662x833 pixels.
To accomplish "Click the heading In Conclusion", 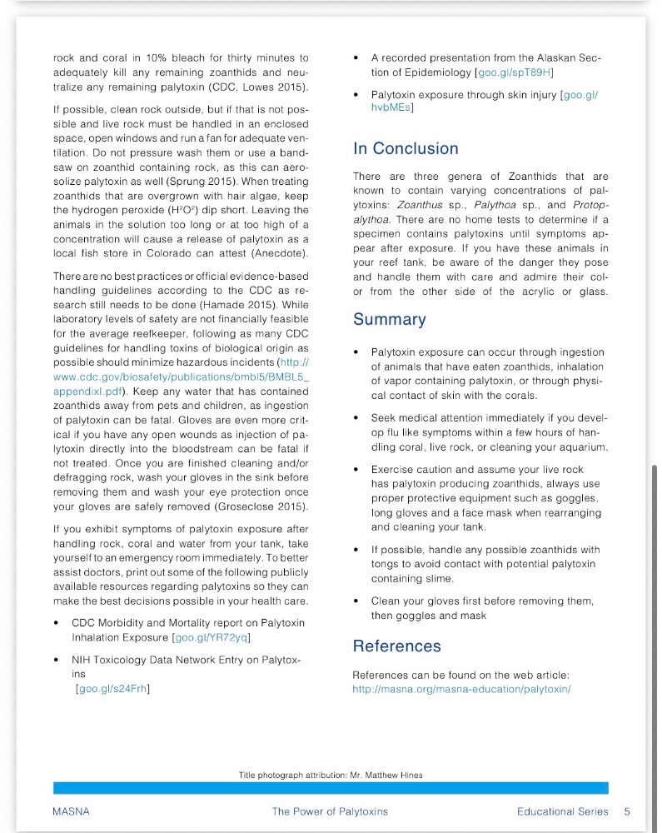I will (406, 149).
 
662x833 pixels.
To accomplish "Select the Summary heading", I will (389, 320).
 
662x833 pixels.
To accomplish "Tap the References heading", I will (396, 646).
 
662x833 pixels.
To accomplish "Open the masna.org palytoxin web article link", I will (460, 689).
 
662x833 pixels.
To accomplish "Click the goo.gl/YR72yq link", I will (212, 638).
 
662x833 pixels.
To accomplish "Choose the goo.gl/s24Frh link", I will (112, 688).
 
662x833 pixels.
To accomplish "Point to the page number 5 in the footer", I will (626, 811).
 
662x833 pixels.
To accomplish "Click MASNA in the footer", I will (71, 811).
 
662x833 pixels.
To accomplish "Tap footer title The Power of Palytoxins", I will (330, 811).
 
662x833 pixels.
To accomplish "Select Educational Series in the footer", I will (562, 811).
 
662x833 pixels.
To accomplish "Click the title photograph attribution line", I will (330, 776).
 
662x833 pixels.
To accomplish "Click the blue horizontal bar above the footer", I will (330, 788).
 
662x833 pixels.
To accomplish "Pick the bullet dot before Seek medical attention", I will (356, 418).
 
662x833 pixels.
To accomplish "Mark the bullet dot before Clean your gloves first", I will (356, 601).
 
